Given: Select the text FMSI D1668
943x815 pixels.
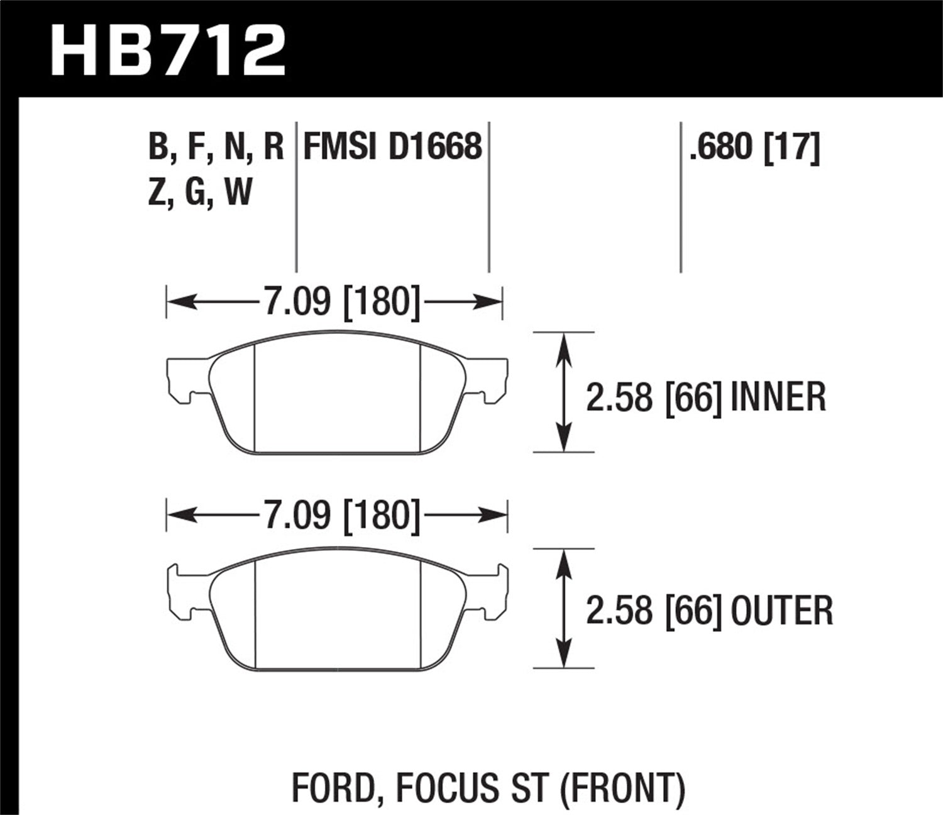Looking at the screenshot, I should (x=392, y=147).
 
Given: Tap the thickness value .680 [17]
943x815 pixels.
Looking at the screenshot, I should (x=754, y=147).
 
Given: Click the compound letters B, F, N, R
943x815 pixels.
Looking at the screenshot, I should (x=216, y=147).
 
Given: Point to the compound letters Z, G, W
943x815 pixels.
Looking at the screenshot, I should (x=199, y=192).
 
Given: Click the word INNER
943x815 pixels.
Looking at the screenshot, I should (x=778, y=397).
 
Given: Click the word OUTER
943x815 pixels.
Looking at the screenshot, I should (x=781, y=610).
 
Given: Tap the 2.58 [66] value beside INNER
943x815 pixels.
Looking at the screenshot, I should (x=654, y=397).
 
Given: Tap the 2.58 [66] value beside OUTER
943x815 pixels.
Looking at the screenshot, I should (x=654, y=610).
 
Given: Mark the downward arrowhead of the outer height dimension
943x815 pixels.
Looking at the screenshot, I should (x=564, y=654).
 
